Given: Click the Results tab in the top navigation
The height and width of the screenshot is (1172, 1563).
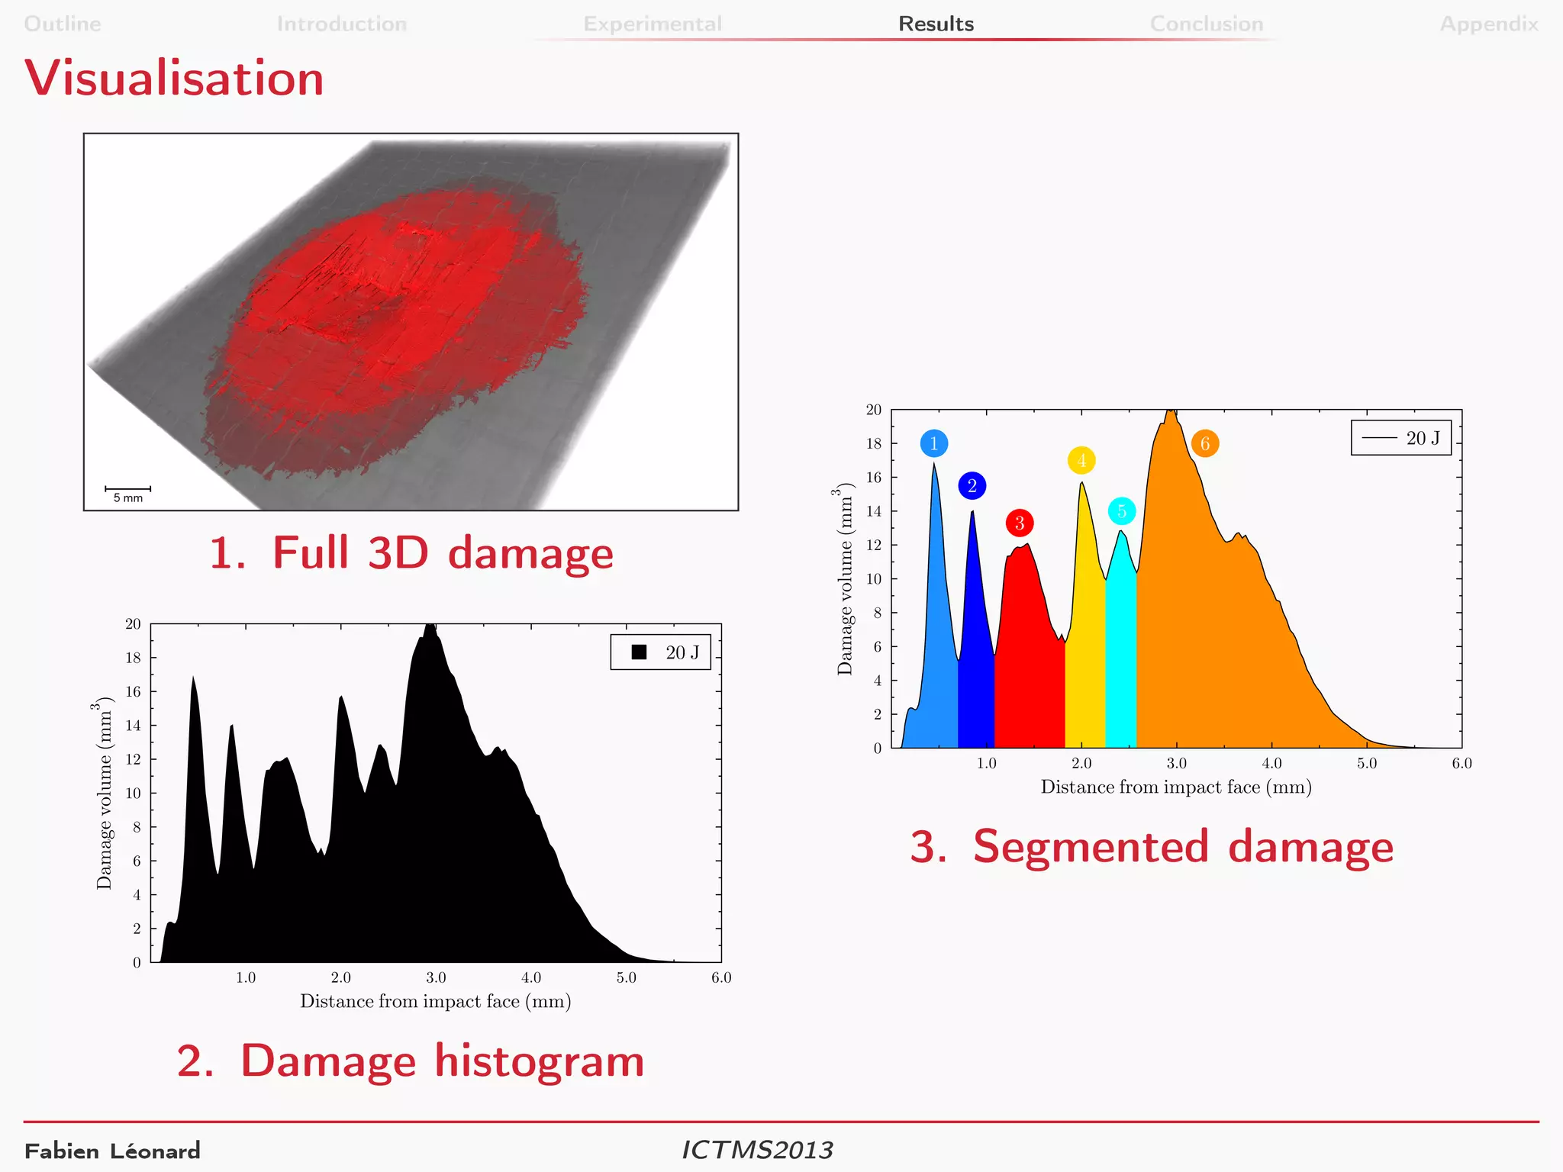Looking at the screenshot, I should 936,24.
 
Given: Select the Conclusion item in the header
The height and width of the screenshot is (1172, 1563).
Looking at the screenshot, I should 1206,24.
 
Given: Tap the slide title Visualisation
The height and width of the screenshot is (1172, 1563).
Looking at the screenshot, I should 174,78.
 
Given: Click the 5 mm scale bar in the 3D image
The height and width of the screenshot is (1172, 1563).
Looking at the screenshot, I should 127,492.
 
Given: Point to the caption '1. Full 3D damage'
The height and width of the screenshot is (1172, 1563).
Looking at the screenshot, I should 411,552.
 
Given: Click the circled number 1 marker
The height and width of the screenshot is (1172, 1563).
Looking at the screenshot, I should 933,443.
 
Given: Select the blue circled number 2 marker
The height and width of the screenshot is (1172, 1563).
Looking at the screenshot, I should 972,485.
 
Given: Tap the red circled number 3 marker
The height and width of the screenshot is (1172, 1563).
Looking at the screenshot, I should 1019,523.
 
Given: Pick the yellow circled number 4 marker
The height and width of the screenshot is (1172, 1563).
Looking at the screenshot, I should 1081,460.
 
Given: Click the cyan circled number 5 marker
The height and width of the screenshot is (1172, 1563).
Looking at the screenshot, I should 1121,511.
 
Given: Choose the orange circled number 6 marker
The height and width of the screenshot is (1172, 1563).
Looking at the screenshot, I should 1204,443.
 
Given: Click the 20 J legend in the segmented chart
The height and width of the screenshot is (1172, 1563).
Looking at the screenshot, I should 1400,438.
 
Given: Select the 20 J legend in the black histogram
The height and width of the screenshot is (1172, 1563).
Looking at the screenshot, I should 660,652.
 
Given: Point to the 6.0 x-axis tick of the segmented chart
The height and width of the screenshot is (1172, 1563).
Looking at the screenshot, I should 1461,763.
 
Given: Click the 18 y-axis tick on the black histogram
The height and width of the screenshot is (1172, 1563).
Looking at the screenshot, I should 133,658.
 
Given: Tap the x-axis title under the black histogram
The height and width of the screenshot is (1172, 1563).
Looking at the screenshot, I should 435,1001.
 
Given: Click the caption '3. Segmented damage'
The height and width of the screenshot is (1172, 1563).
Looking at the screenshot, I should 1151,846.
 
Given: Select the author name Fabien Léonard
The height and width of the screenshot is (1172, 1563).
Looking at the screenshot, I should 112,1151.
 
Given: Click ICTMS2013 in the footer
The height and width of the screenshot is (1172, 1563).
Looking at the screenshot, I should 757,1150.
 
